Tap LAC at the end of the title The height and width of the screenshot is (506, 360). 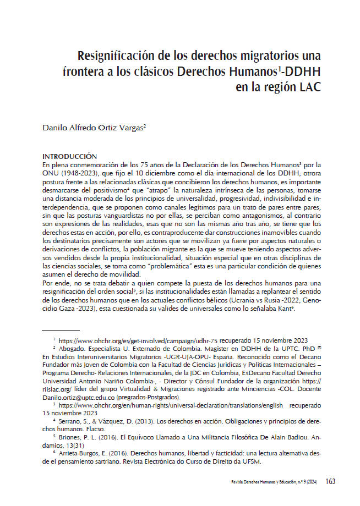[308, 87]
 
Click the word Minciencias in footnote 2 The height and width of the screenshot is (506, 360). [260, 388]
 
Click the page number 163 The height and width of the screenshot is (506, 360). [330, 482]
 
